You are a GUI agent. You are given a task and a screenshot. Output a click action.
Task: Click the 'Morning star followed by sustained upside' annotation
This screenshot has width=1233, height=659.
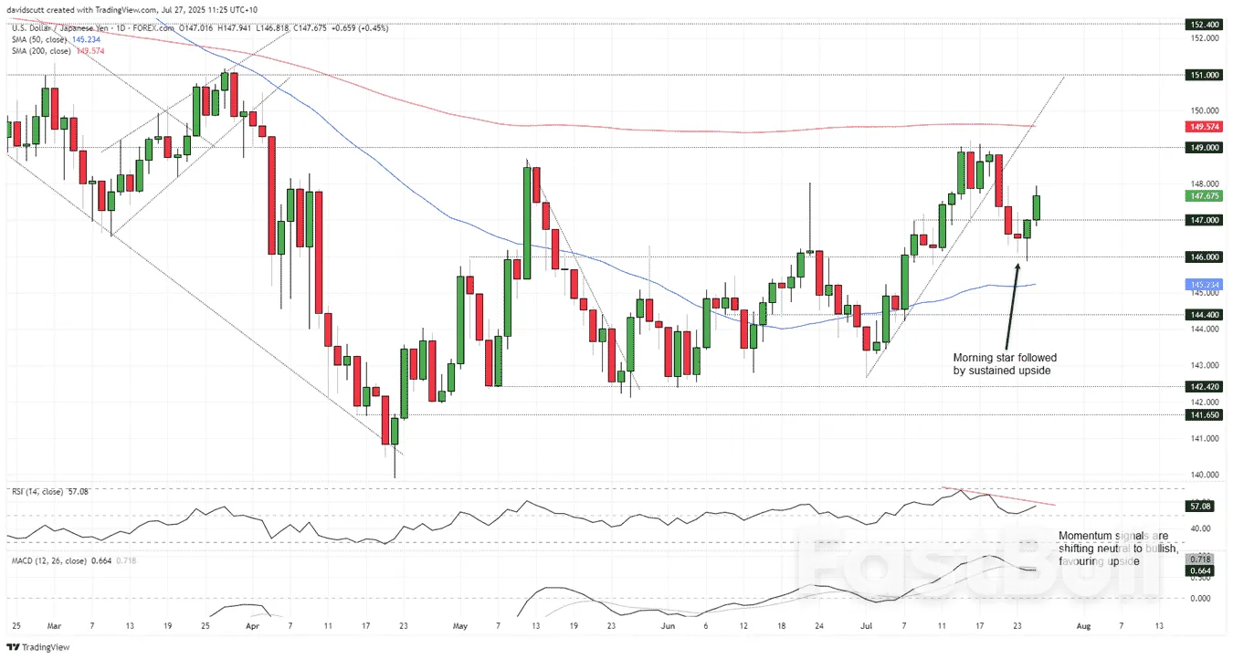pos(1005,364)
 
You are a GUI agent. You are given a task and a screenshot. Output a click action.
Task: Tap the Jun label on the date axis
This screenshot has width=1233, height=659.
pos(669,626)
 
